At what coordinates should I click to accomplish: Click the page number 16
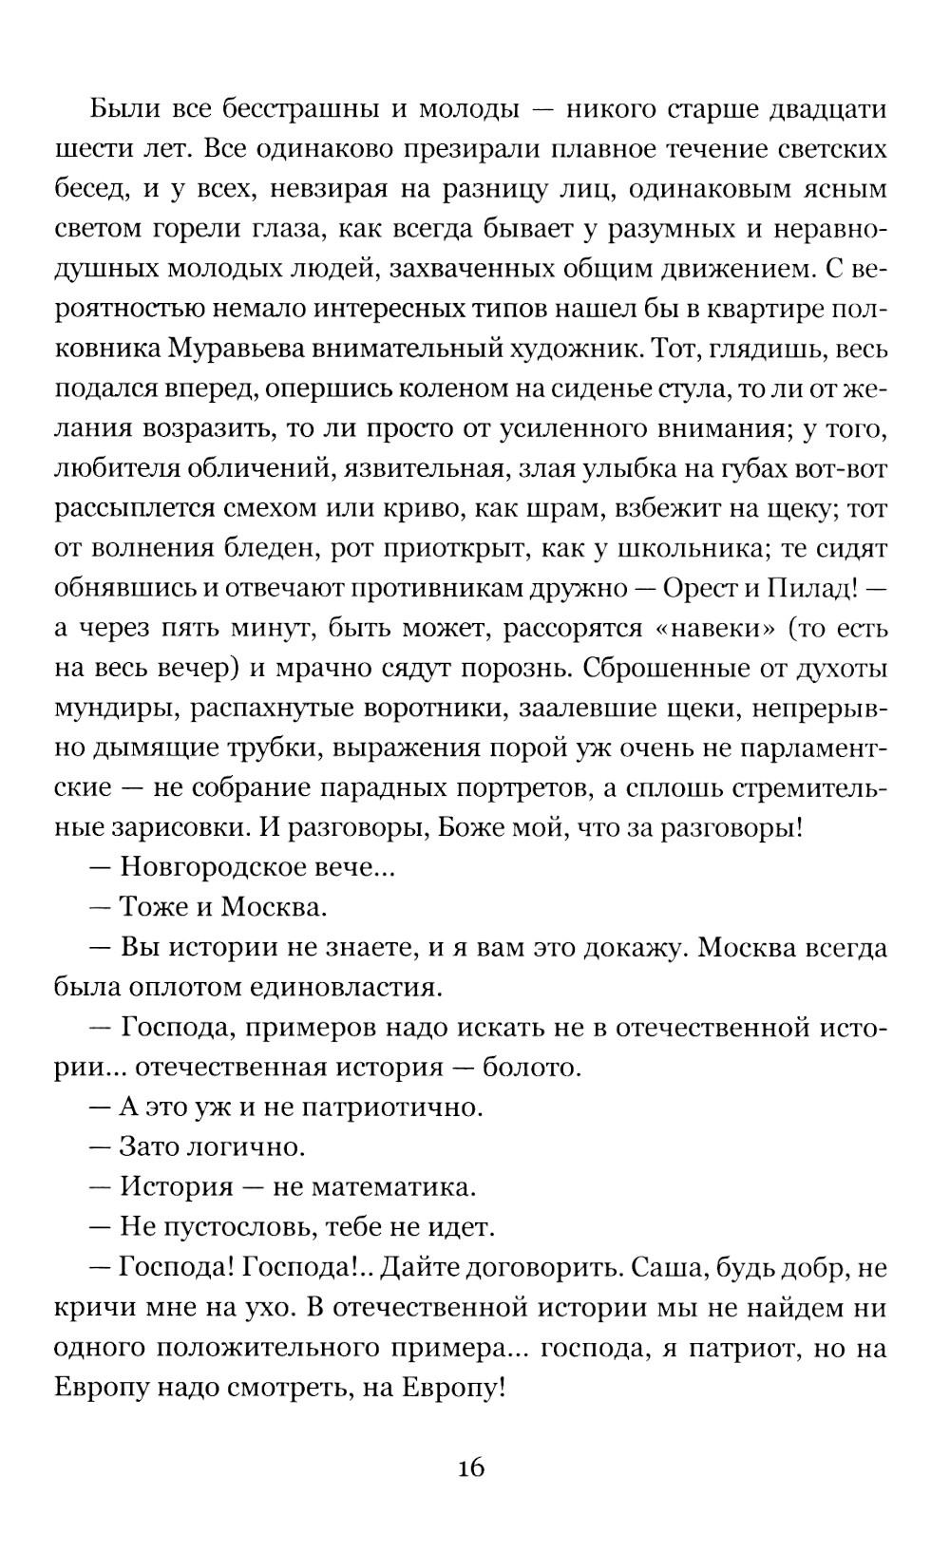[471, 1468]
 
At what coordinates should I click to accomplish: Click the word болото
[531, 1068]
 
